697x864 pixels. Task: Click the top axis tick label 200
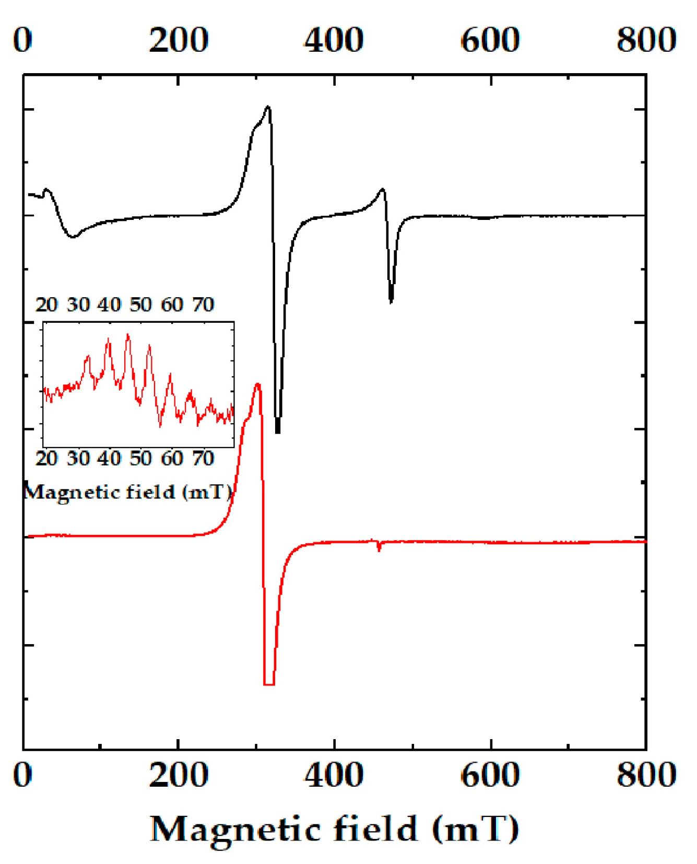click(x=179, y=40)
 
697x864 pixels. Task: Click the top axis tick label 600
click(x=490, y=40)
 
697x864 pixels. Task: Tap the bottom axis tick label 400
click(x=334, y=774)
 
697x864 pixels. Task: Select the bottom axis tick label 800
click(x=646, y=774)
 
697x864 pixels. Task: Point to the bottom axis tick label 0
click(x=23, y=774)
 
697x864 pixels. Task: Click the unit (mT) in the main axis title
click(x=476, y=828)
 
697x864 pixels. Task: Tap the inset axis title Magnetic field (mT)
click(x=128, y=492)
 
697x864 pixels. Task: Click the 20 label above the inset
click(x=46, y=305)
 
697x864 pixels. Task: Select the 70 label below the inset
click(x=203, y=458)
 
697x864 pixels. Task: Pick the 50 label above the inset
click(x=140, y=305)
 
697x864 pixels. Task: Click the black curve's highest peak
click(x=268, y=108)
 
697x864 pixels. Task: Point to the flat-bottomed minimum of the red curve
click(x=269, y=683)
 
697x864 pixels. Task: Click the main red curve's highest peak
click(x=257, y=385)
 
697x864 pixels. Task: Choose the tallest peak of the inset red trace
click(x=128, y=335)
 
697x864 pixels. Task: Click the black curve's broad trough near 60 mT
click(x=73, y=236)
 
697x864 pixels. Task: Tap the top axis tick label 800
click(x=646, y=40)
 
